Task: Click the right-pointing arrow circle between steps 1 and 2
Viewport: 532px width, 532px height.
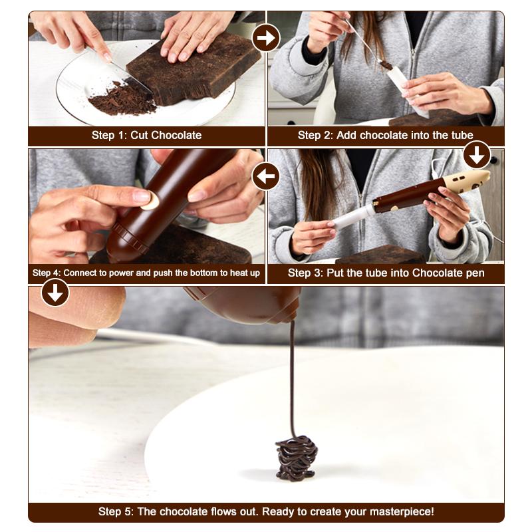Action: [x=266, y=38]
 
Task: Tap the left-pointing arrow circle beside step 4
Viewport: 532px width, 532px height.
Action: [x=265, y=176]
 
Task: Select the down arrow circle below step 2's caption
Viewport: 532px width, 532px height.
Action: [x=477, y=155]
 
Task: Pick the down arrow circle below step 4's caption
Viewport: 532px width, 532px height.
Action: [x=55, y=293]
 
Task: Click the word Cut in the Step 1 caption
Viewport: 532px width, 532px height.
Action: [x=140, y=135]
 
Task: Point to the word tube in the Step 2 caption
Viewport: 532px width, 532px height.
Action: [x=461, y=135]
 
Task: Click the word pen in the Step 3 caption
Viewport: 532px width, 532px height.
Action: [x=475, y=273]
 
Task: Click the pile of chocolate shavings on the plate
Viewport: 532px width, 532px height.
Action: [x=122, y=99]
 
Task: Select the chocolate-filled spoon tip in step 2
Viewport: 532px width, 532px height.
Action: [x=386, y=65]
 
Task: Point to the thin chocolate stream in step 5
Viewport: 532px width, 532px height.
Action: [x=292, y=379]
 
